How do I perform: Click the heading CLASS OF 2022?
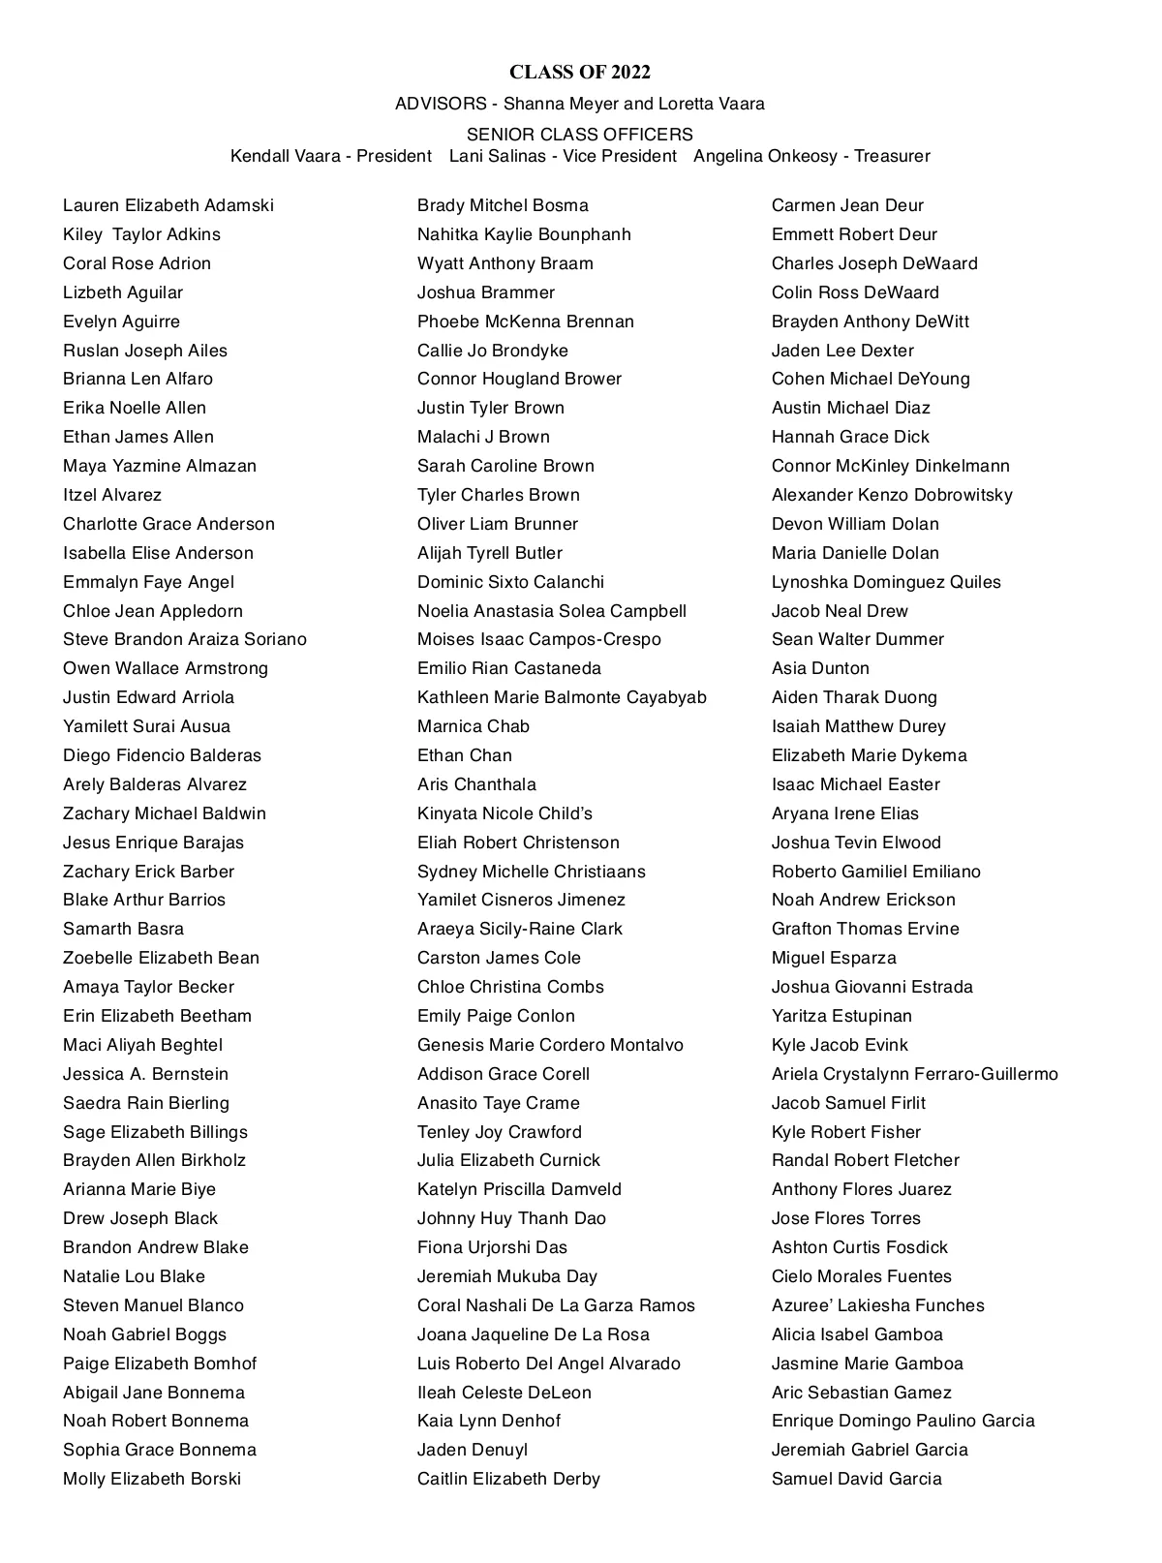coord(579,73)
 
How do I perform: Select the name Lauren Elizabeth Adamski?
coord(168,205)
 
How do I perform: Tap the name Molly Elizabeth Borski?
coord(152,1479)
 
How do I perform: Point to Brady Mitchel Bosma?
coord(503,205)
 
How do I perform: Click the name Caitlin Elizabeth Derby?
coord(508,1479)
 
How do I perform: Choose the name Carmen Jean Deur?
coord(847,205)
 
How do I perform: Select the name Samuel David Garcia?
coord(856,1479)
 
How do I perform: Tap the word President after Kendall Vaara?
coord(394,156)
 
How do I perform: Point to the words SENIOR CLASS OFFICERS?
coord(579,135)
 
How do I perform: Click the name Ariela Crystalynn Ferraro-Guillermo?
coord(914,1074)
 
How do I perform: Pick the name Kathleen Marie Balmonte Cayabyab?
coord(562,697)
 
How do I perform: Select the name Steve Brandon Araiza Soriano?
coord(184,639)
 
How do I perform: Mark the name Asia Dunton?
coord(820,668)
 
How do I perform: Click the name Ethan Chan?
coord(465,755)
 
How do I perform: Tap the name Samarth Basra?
coord(123,929)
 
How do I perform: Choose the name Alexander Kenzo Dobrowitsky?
coord(892,495)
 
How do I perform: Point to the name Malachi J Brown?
coord(483,437)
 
